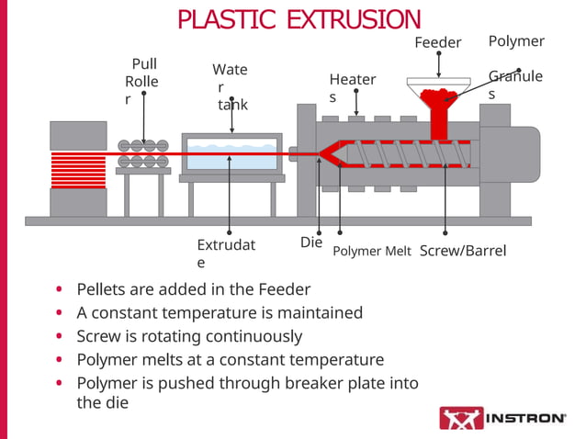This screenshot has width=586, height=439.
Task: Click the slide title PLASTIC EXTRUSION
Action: click(x=299, y=18)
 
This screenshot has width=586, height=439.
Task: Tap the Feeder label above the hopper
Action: click(x=437, y=42)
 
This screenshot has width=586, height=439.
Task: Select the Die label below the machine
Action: click(x=311, y=242)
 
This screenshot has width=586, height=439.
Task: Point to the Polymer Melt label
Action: click(x=371, y=252)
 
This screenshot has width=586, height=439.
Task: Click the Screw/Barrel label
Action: click(x=462, y=251)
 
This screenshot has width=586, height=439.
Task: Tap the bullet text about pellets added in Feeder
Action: click(x=193, y=288)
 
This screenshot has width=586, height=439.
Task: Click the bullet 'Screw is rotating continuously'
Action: click(x=188, y=336)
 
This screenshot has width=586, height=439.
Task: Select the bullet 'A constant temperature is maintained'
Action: click(x=219, y=312)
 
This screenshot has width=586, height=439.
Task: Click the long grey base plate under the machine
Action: click(x=276, y=220)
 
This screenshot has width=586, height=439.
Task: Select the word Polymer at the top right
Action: click(x=516, y=41)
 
